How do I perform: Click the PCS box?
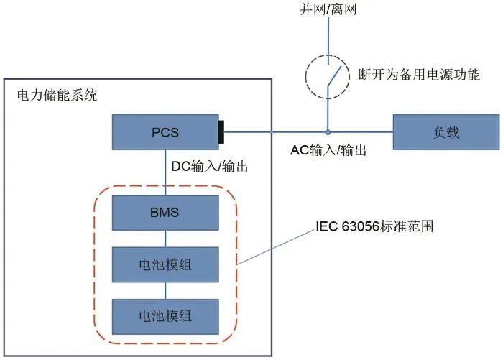pos(165,132)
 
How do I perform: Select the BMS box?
pos(165,213)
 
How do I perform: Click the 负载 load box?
pos(446,132)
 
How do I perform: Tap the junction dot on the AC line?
pos(328,132)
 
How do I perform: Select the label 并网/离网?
pos(328,10)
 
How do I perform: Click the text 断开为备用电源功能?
pos(419,74)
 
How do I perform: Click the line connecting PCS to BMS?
pos(165,172)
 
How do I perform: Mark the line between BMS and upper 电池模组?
pos(165,238)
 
